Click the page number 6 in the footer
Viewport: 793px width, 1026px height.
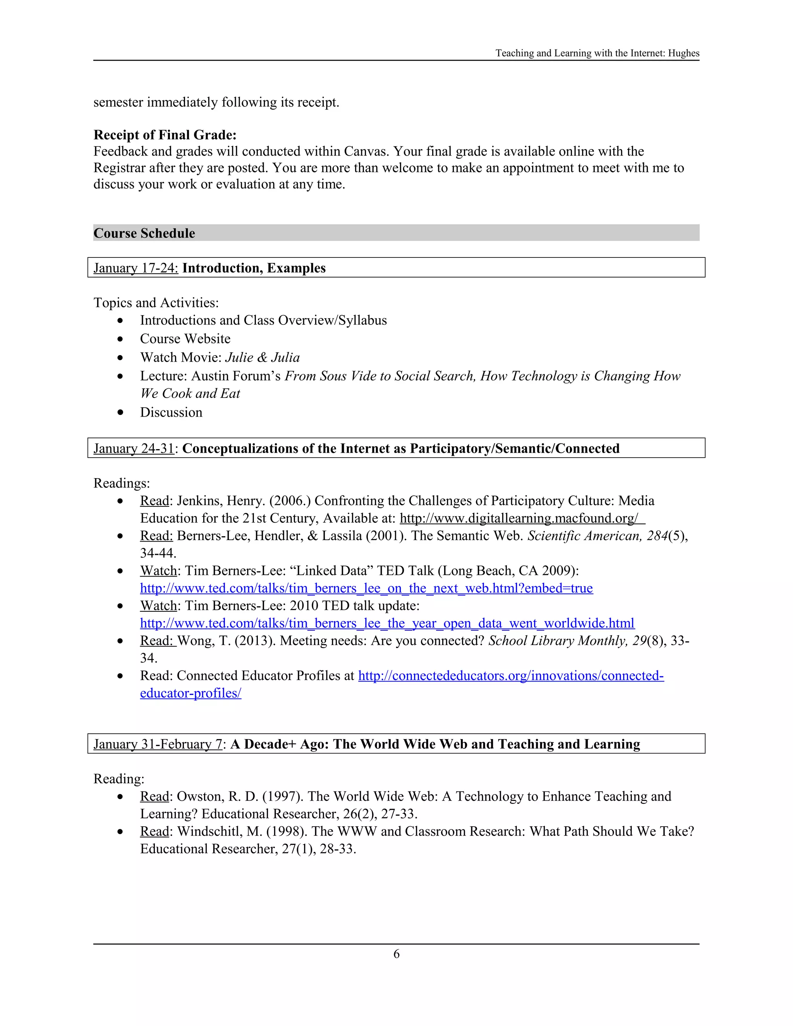[x=396, y=954]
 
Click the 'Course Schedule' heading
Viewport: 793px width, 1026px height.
[x=144, y=233]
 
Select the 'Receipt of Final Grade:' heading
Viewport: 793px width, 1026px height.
[x=165, y=135]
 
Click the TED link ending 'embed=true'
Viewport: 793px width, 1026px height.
[x=366, y=588]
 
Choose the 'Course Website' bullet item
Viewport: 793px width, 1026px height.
[x=185, y=339]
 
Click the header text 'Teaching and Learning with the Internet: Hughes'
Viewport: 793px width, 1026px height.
[x=597, y=53]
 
